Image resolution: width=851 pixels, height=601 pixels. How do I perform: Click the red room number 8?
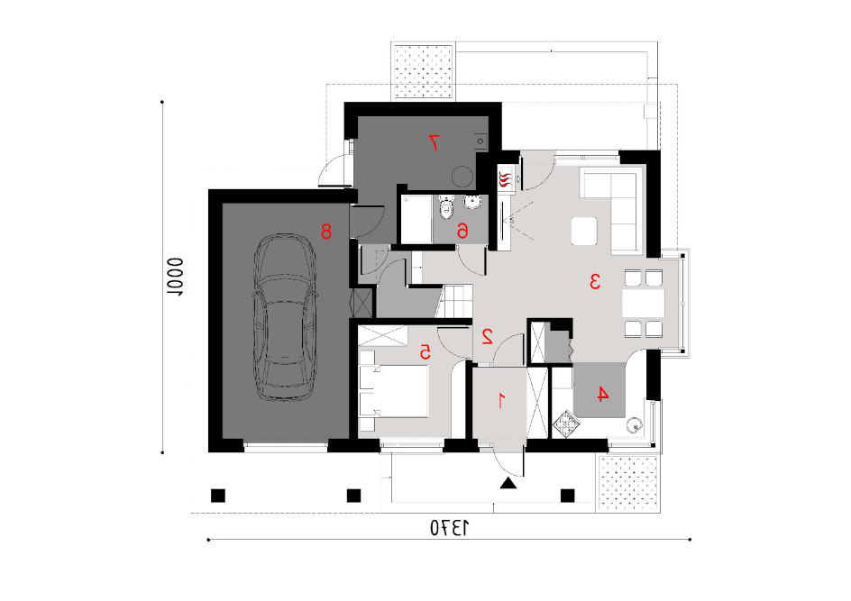[326, 232]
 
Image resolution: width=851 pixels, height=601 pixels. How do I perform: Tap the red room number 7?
[434, 142]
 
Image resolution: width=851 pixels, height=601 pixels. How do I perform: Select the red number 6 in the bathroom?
[462, 232]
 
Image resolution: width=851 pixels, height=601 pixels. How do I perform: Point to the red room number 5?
[425, 352]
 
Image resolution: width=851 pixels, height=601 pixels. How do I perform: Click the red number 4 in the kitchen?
[602, 395]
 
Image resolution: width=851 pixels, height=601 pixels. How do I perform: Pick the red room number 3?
[595, 281]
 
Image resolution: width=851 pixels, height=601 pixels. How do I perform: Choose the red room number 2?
[487, 337]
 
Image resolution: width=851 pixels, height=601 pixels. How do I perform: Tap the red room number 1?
[501, 401]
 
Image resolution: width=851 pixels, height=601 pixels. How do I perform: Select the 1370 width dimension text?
[449, 528]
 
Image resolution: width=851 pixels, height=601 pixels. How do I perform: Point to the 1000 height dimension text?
[175, 277]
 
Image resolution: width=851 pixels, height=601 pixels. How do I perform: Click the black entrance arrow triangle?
[508, 483]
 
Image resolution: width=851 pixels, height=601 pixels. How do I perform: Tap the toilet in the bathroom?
[446, 206]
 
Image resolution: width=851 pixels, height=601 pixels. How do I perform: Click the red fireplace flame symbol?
[505, 179]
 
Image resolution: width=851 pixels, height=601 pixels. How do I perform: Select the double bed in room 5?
[394, 391]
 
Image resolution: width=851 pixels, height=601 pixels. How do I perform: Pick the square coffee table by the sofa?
[584, 232]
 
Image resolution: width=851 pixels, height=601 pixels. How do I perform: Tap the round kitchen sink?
[634, 424]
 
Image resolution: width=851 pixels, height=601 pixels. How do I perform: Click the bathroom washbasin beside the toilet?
[472, 203]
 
